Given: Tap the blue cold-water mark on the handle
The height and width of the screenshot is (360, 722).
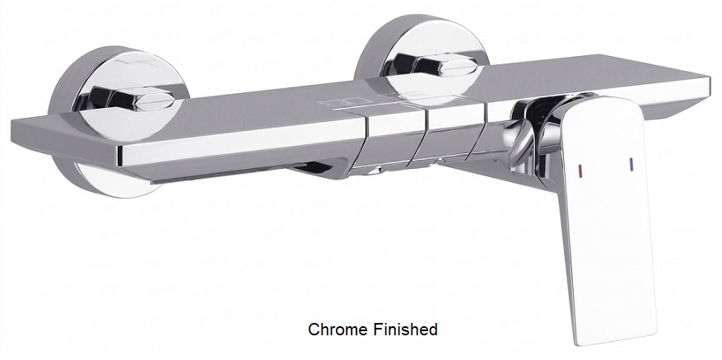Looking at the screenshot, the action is pyautogui.click(x=631, y=165).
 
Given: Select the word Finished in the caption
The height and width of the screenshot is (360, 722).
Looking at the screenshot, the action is pyautogui.click(x=404, y=330).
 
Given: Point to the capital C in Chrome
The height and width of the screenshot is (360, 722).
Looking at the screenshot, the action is pyautogui.click(x=313, y=330).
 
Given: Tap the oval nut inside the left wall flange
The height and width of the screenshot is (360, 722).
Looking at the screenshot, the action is pyautogui.click(x=155, y=100).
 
